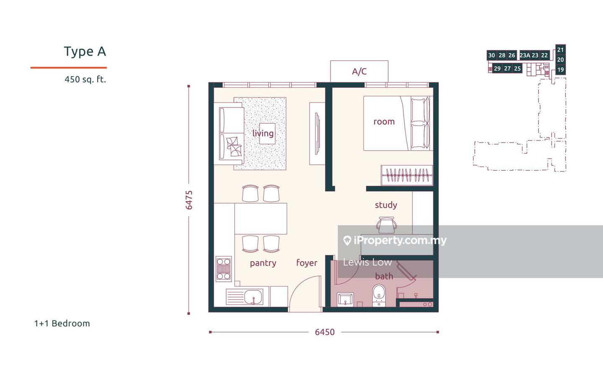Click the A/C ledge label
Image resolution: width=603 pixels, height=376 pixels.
[x=359, y=72]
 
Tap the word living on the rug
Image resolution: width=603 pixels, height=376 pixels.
[x=263, y=133]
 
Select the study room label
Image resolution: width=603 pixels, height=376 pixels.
[x=386, y=205]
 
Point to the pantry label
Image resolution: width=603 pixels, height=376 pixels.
[x=263, y=263]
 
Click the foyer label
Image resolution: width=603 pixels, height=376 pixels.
[x=307, y=263]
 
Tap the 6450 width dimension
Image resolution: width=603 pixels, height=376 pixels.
[x=325, y=332]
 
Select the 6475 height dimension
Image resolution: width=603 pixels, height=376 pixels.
[x=189, y=200]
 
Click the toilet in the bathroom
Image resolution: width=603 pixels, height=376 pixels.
[x=379, y=295]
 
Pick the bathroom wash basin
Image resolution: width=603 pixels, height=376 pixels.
[x=345, y=299]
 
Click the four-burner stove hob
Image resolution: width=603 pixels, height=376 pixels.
[x=224, y=269]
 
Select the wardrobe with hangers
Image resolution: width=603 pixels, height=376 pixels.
[x=407, y=175]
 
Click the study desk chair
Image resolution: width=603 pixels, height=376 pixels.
[x=386, y=225]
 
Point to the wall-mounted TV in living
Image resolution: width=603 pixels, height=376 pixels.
[x=318, y=134]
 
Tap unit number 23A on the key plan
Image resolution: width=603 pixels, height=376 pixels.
[x=525, y=55]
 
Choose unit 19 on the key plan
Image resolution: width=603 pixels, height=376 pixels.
[x=560, y=70]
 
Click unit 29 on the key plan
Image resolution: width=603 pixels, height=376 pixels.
[x=497, y=69]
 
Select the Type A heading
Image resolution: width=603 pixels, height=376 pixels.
[x=85, y=51]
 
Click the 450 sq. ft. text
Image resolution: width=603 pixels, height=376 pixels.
[x=85, y=79]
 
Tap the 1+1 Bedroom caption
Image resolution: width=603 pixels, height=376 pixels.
[x=62, y=323]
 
